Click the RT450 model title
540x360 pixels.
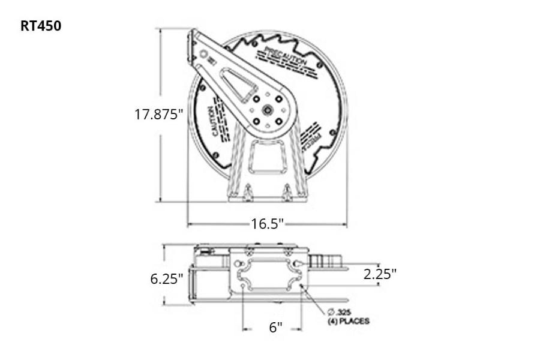(41, 26)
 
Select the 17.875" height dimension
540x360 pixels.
(158, 114)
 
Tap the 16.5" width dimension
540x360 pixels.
(267, 224)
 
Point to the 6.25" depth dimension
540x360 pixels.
(166, 279)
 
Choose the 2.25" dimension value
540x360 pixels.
(380, 274)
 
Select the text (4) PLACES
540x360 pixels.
(348, 322)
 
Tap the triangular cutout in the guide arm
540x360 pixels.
(240, 85)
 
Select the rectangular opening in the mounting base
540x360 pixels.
(268, 154)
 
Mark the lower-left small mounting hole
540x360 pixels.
(242, 287)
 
